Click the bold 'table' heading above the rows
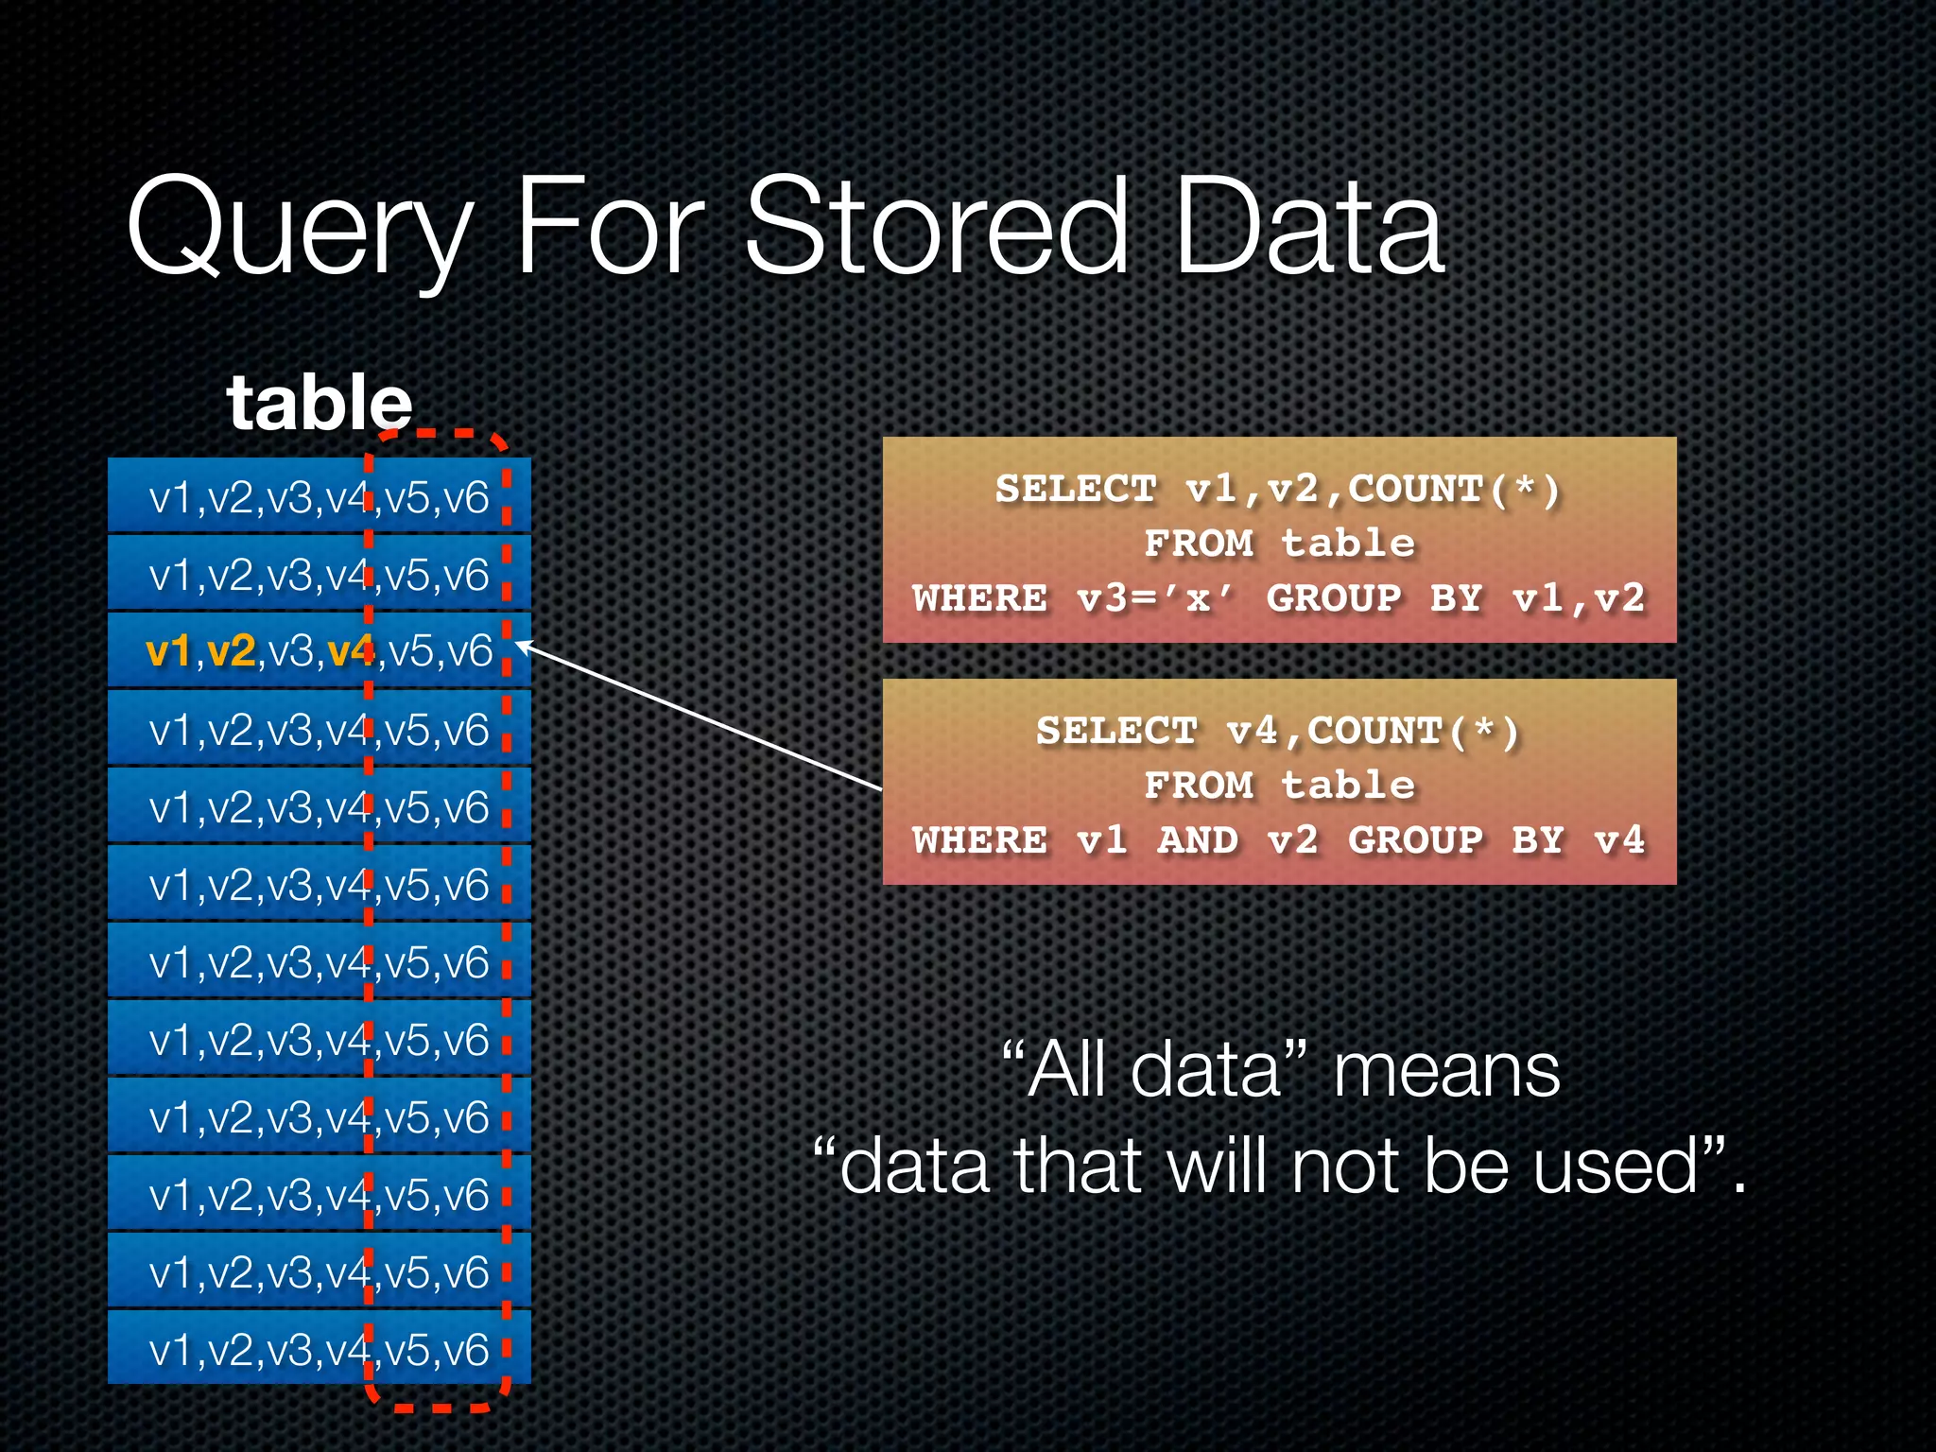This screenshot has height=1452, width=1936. tap(320, 403)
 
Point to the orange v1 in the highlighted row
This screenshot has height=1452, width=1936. tap(168, 651)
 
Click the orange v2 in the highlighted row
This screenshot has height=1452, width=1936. tap(231, 651)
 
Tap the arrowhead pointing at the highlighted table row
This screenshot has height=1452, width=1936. tap(523, 646)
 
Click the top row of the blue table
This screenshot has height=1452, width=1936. tap(319, 496)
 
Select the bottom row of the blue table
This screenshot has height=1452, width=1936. tap(319, 1348)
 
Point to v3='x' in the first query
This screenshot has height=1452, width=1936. tap(1155, 598)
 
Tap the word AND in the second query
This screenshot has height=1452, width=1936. tap(1198, 840)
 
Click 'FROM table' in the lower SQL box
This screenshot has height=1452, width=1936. tap(1279, 786)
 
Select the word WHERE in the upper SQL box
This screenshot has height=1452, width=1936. tap(980, 598)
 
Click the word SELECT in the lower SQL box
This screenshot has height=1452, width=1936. tap(1116, 732)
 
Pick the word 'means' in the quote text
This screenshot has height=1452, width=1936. tap(1445, 1071)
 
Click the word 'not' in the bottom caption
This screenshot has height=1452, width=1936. tap(1346, 1167)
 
